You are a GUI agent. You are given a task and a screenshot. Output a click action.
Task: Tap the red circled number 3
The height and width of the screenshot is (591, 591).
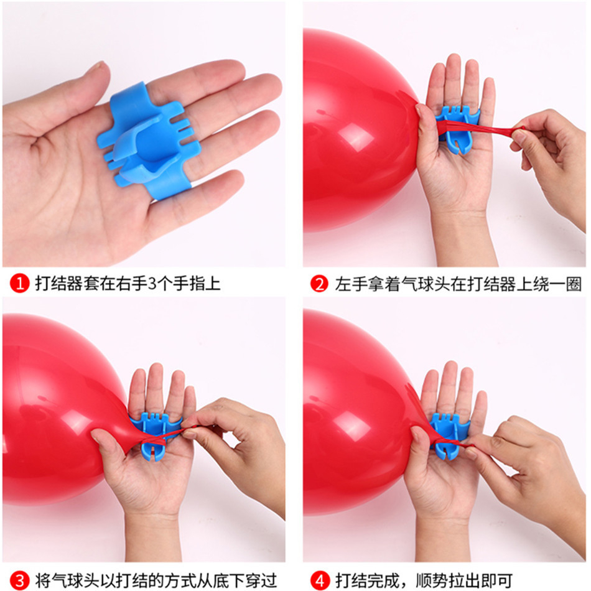click(x=19, y=581)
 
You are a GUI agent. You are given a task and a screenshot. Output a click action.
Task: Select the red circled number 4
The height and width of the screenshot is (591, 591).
click(x=319, y=581)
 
